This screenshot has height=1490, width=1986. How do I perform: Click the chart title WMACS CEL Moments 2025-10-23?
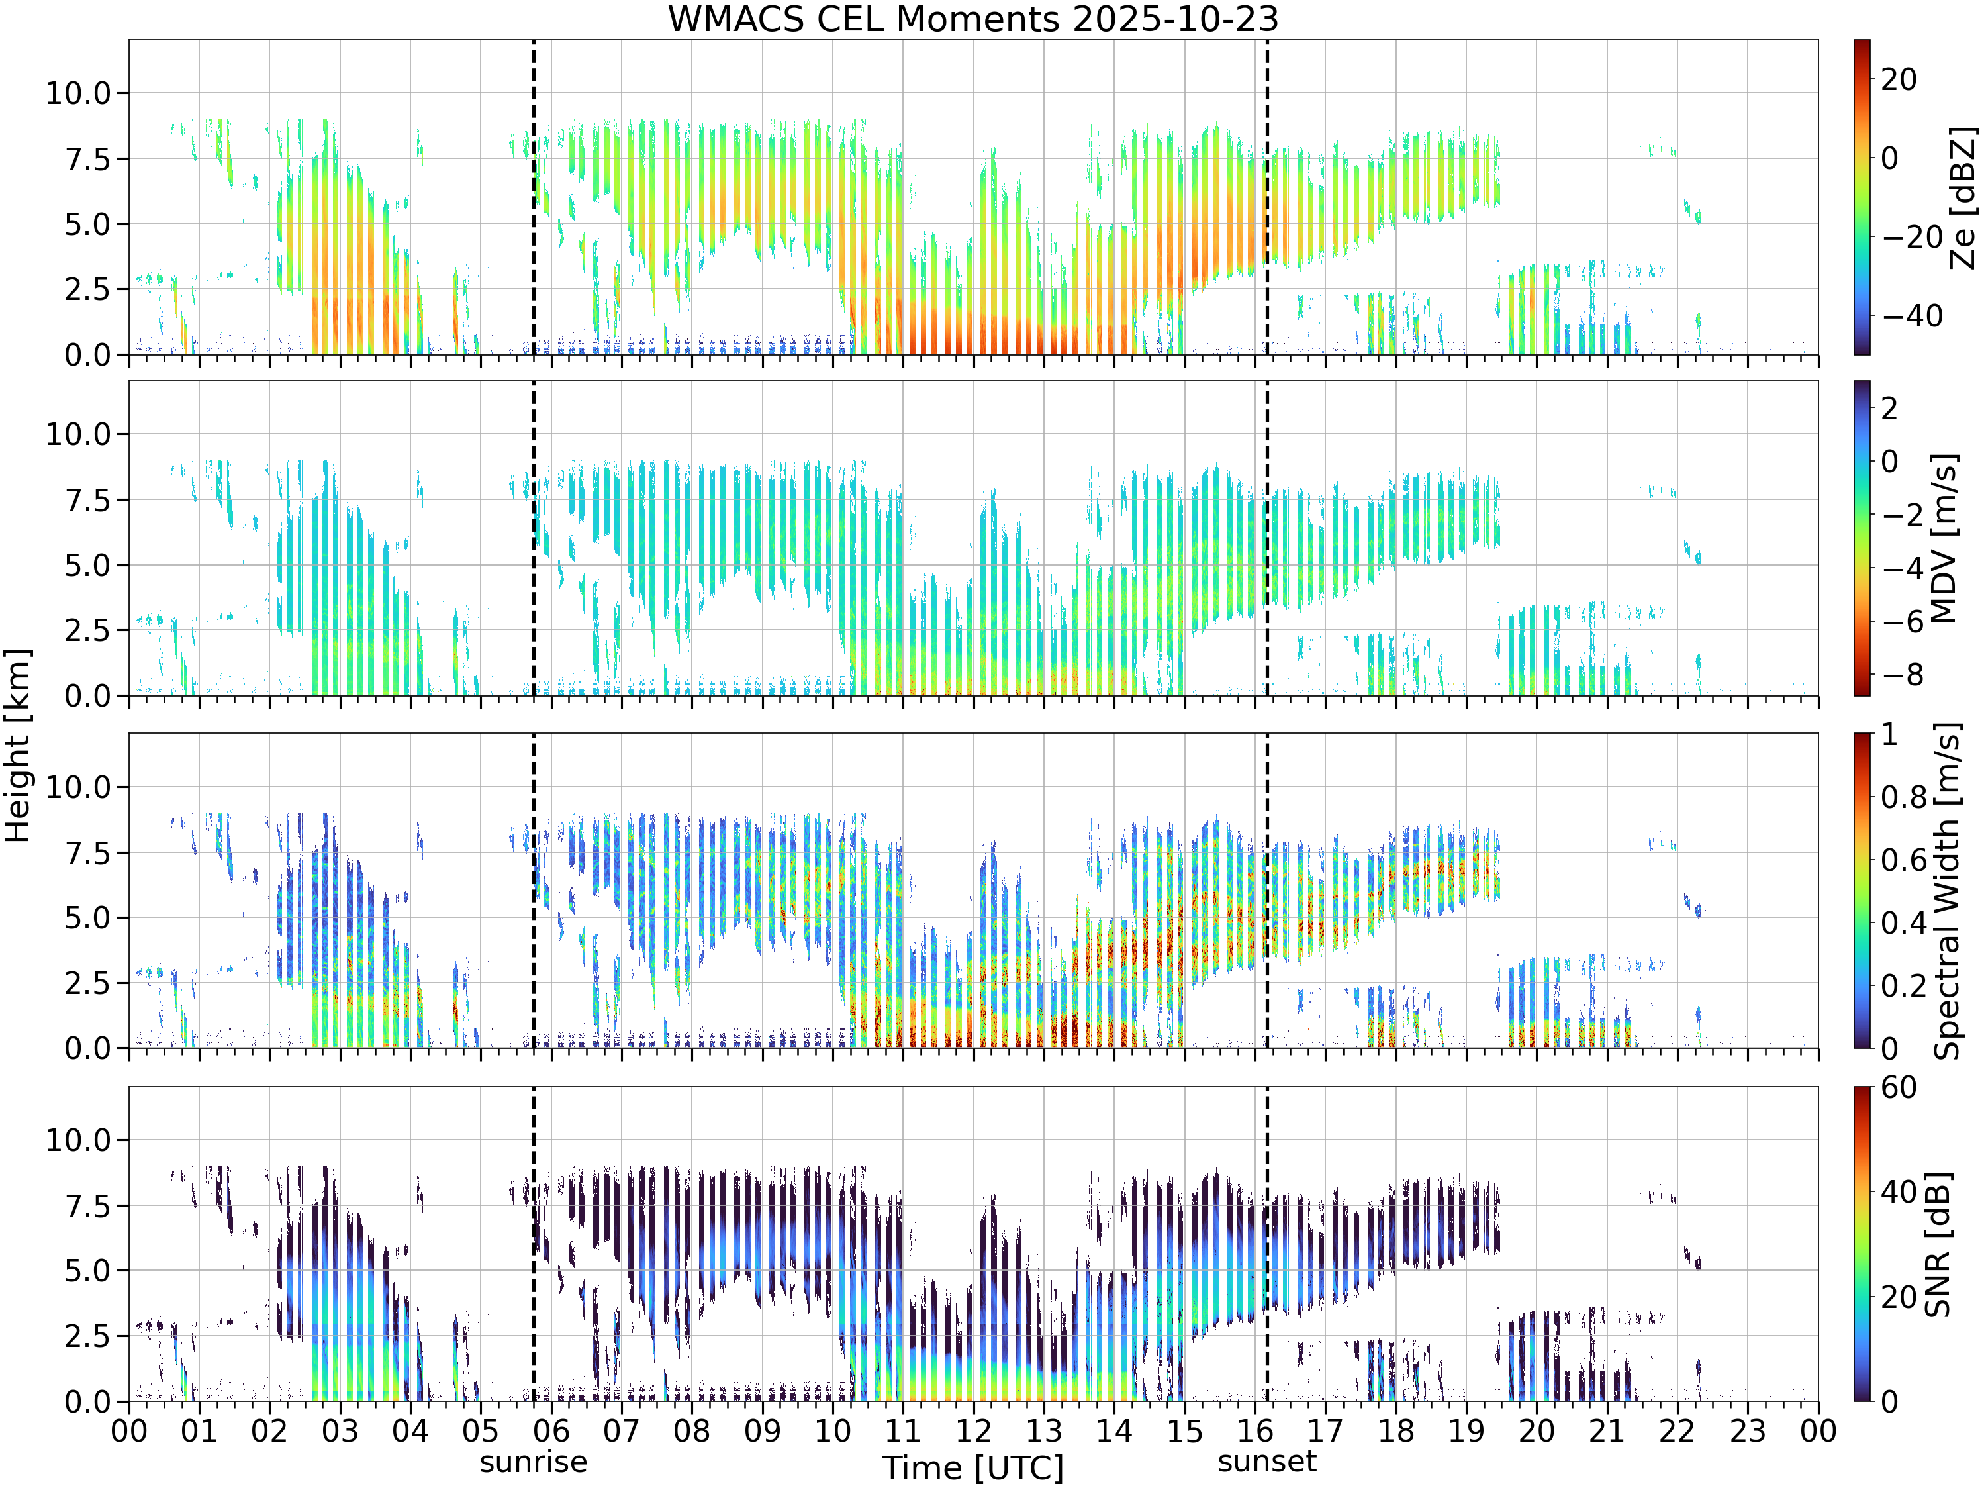973,19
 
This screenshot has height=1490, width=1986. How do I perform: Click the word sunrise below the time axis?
534,1462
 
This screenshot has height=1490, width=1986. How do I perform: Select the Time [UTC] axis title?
973,1468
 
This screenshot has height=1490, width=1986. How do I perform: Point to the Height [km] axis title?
18,746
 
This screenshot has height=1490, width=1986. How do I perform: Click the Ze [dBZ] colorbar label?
1963,197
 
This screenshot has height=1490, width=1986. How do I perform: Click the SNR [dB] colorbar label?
1938,1244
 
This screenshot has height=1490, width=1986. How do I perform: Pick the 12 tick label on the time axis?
973,1430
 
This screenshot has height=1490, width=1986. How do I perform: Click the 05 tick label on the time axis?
481,1430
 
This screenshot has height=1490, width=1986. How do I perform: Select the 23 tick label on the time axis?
1748,1430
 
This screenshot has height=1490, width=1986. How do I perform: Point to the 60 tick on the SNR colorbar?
1899,1087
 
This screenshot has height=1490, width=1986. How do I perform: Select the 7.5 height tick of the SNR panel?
87,1205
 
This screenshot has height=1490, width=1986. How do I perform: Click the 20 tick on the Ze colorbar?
1899,79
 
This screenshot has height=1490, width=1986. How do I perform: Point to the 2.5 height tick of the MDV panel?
87,630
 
